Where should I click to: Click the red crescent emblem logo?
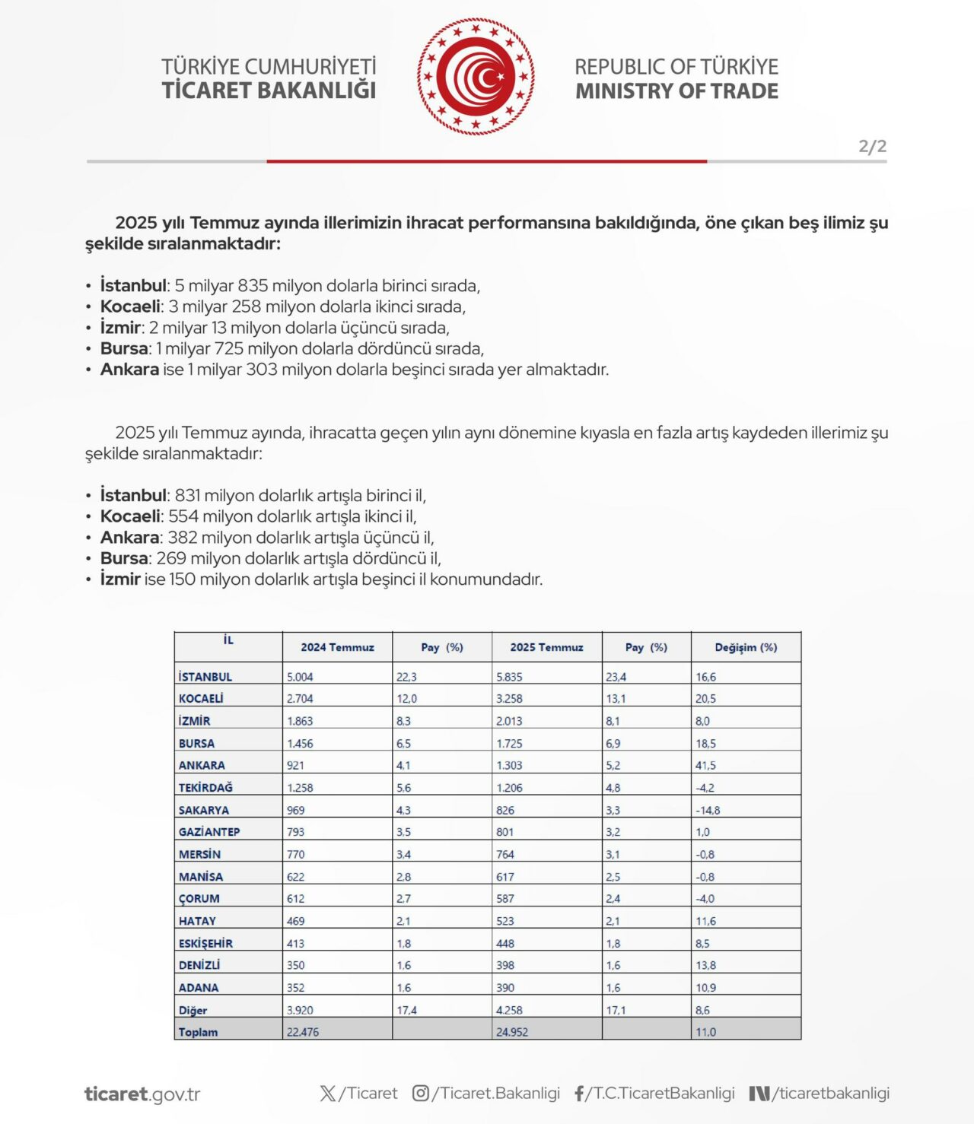(x=476, y=77)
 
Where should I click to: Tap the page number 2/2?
(x=872, y=146)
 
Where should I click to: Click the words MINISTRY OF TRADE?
(x=676, y=91)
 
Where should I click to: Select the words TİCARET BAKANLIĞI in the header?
(x=269, y=90)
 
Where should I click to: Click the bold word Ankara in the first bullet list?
(x=129, y=370)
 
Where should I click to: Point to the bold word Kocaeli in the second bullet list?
(x=130, y=516)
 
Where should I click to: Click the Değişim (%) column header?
(x=746, y=647)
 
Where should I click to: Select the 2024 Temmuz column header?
(x=337, y=647)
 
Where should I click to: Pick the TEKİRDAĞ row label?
(x=205, y=788)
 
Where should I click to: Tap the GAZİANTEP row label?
(x=209, y=832)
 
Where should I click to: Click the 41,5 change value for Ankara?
(x=705, y=766)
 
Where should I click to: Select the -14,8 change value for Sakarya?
(x=708, y=811)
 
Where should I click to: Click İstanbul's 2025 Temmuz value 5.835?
(x=509, y=677)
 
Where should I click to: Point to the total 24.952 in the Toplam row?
(x=511, y=1032)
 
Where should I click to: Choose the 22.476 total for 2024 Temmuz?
(x=303, y=1032)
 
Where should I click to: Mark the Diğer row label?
(x=193, y=1011)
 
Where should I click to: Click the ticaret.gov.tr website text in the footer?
(x=142, y=1094)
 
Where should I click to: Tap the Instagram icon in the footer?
(x=421, y=1094)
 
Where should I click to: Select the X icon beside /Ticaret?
(x=328, y=1094)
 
